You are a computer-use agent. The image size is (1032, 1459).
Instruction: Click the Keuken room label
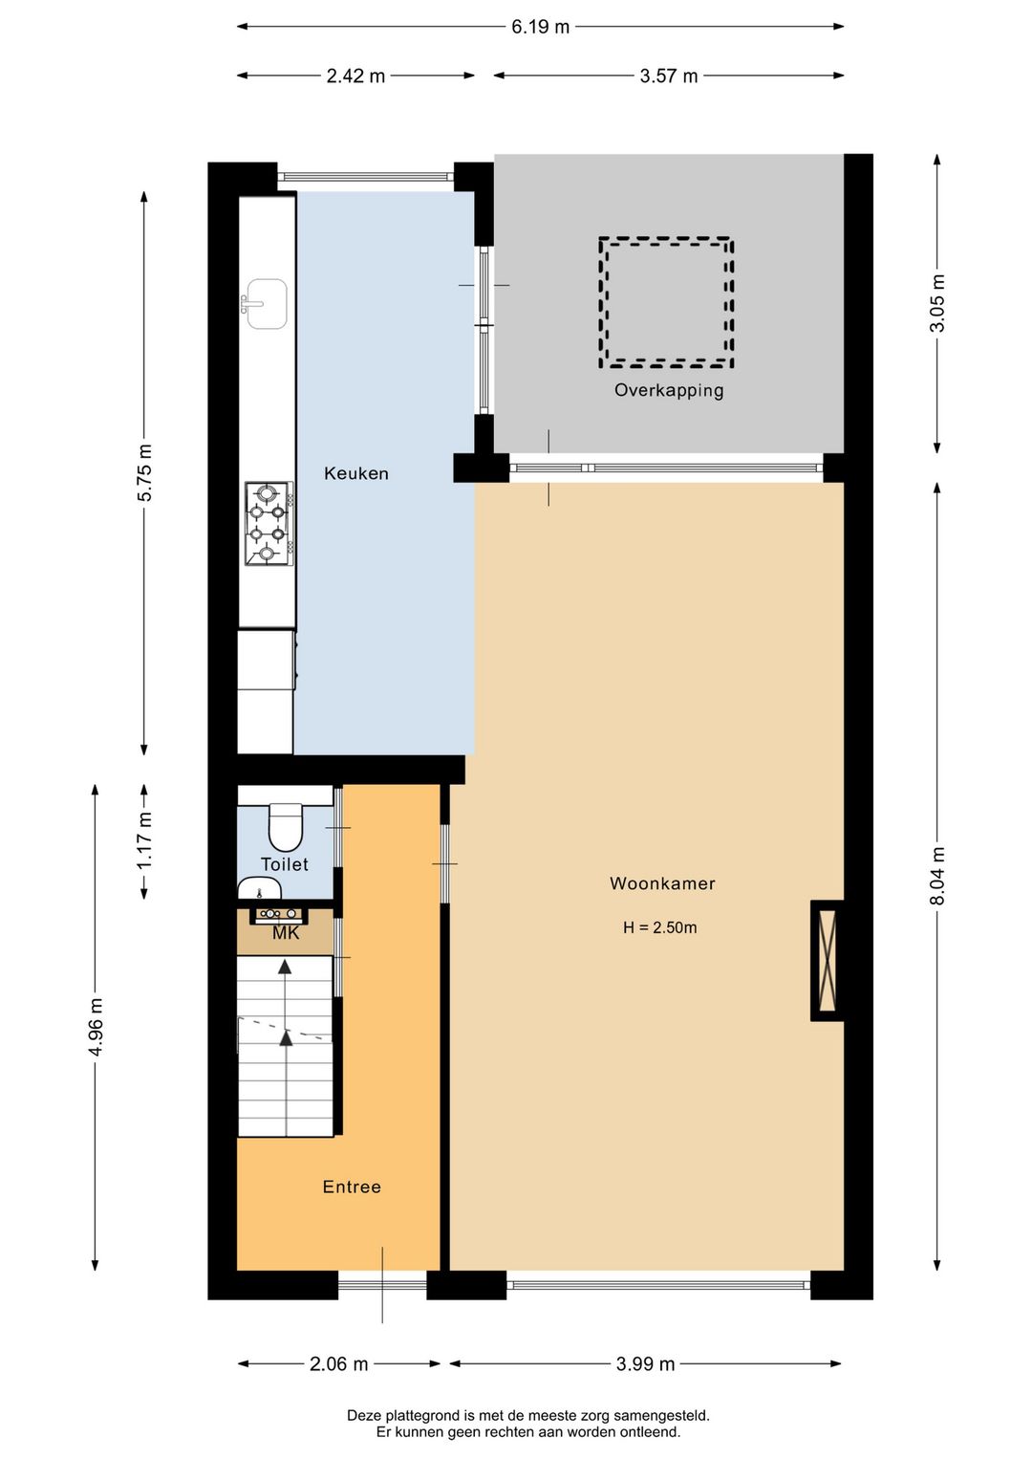(x=356, y=473)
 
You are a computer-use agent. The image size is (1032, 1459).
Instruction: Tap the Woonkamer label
(x=662, y=883)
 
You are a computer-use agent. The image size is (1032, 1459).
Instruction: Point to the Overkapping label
(x=669, y=391)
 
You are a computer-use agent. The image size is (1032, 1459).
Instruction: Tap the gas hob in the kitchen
(x=269, y=524)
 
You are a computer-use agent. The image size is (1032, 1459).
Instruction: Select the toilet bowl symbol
(x=285, y=827)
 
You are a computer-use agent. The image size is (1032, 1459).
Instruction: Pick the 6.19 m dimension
(x=540, y=27)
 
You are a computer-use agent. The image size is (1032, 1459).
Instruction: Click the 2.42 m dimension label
(x=355, y=76)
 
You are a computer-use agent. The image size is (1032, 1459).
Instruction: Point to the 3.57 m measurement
(x=668, y=76)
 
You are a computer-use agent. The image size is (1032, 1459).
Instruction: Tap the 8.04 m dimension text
(x=937, y=876)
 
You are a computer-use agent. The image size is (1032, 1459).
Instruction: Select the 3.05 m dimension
(x=937, y=303)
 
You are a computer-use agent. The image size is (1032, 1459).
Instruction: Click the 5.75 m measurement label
(x=144, y=473)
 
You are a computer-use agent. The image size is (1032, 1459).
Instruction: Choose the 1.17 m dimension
(x=144, y=840)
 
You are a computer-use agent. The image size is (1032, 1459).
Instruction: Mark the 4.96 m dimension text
(x=96, y=1027)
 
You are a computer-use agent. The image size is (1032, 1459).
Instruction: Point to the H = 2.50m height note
(x=659, y=927)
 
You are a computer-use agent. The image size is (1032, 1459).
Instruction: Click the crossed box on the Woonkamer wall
(x=827, y=961)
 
